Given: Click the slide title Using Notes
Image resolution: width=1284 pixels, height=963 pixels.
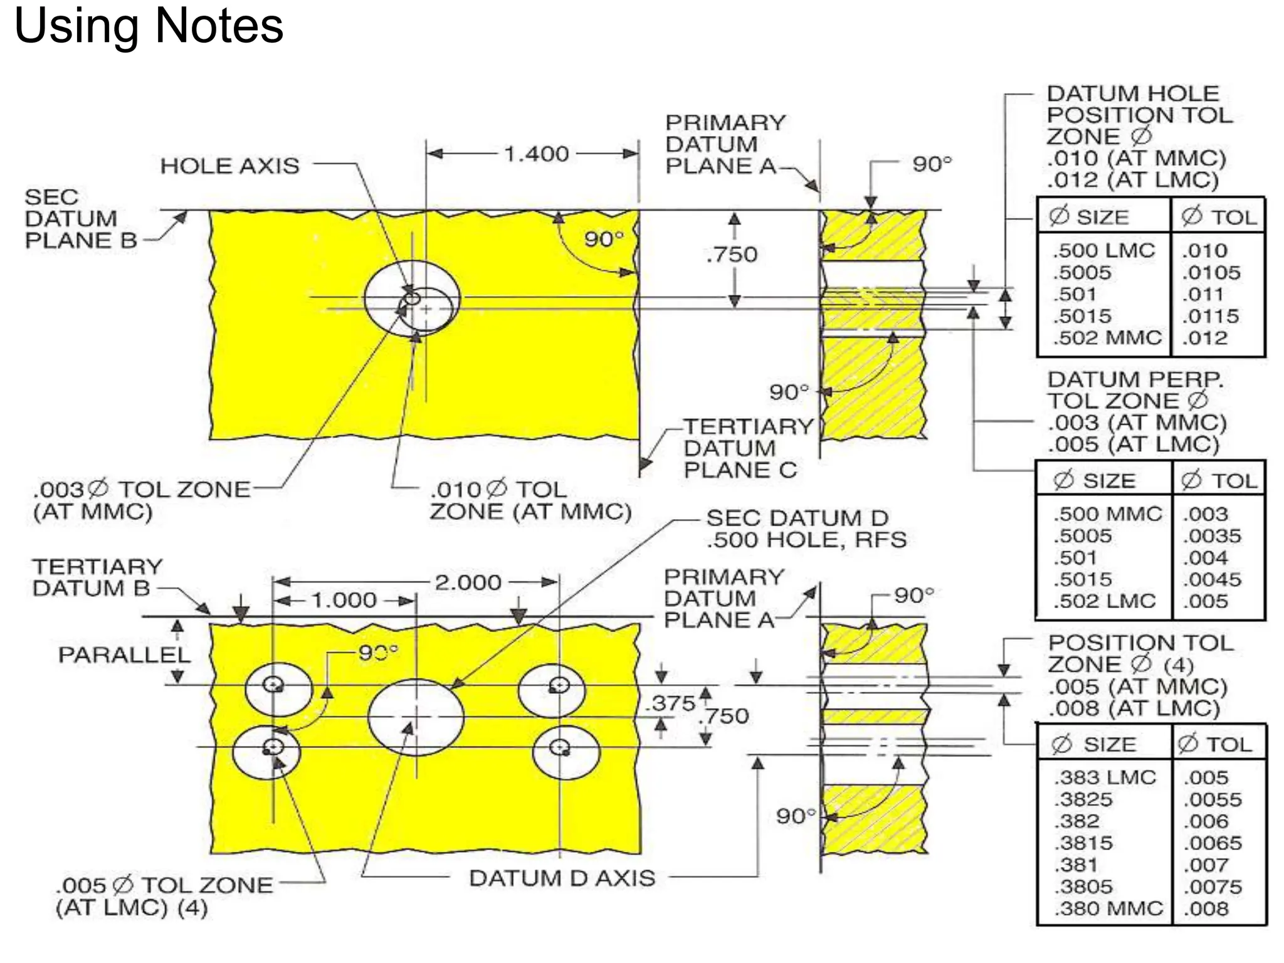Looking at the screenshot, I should coord(149,26).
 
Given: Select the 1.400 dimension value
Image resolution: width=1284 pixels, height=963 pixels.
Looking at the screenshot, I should coord(536,154).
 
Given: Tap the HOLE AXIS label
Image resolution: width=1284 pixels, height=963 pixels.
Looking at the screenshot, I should coord(229,166).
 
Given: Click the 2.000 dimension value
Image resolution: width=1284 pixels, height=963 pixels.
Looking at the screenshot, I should coord(468,582).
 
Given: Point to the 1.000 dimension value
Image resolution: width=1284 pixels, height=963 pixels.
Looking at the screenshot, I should coord(344,601).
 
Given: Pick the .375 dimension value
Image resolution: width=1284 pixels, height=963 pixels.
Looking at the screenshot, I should coord(673,703).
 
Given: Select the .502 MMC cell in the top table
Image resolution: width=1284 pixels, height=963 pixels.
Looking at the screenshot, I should coord(1107,338).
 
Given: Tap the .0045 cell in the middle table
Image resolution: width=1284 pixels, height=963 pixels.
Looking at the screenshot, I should coord(1211,579).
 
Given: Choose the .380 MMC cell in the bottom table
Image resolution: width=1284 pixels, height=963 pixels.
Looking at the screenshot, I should coord(1108,908).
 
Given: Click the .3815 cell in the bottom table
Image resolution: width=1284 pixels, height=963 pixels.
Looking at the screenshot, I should coord(1083,843).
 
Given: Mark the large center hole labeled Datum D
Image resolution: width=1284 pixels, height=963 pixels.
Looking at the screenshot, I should coord(416,717).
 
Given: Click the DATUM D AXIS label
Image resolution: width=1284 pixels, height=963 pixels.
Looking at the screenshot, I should coord(562,878).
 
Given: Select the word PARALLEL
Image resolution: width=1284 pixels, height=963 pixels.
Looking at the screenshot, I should coord(124,655).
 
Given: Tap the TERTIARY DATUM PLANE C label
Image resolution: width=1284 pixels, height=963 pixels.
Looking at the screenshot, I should coord(746,448).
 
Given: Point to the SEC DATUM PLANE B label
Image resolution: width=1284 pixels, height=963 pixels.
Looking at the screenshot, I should coord(78,219).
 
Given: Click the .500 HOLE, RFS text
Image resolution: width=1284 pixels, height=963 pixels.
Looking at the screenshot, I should coord(806,540).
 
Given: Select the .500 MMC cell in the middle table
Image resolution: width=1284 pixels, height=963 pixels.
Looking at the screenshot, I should coord(1107,514).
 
